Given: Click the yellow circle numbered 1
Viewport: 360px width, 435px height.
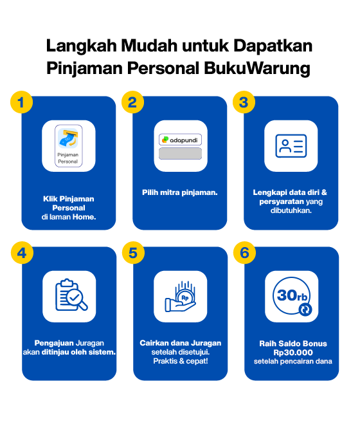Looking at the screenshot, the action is pos(21,102).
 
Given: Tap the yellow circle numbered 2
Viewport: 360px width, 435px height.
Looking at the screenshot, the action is pos(132,102).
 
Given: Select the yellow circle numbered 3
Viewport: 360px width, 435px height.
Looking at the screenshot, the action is pos(244,102).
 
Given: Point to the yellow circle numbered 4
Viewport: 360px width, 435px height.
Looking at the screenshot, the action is pos(22,253).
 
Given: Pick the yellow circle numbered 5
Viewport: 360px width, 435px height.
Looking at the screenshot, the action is pos(133,253).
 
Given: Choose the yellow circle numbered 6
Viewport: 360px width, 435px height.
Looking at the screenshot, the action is pos(244,253).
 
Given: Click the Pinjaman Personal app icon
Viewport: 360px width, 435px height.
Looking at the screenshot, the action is pos(68,146).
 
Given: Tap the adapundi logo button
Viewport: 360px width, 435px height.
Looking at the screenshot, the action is pos(180,140).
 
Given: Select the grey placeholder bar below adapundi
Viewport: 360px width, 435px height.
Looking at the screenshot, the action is pos(180,153).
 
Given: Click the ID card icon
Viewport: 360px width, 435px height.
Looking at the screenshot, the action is pos(291,146).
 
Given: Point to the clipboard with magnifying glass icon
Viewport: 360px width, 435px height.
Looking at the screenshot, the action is pos(71,295).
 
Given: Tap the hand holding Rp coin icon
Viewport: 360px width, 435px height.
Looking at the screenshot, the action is pos(181,297).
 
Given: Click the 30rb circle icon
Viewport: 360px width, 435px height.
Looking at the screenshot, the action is pos(292,296).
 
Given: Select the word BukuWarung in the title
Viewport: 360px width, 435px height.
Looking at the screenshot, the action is pos(257,68).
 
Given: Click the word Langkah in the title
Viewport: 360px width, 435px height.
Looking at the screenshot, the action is pos(82,46).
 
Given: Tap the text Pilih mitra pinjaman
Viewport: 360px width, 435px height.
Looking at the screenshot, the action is pos(180,192).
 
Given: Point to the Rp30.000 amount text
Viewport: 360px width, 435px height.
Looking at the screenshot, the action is pos(293,353).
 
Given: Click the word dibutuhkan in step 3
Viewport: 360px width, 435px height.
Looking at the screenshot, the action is pos(291,210).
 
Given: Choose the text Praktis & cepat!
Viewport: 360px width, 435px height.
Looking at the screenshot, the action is pos(181,361).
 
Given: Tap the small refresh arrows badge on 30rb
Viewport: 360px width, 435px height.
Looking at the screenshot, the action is pos(305,310).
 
